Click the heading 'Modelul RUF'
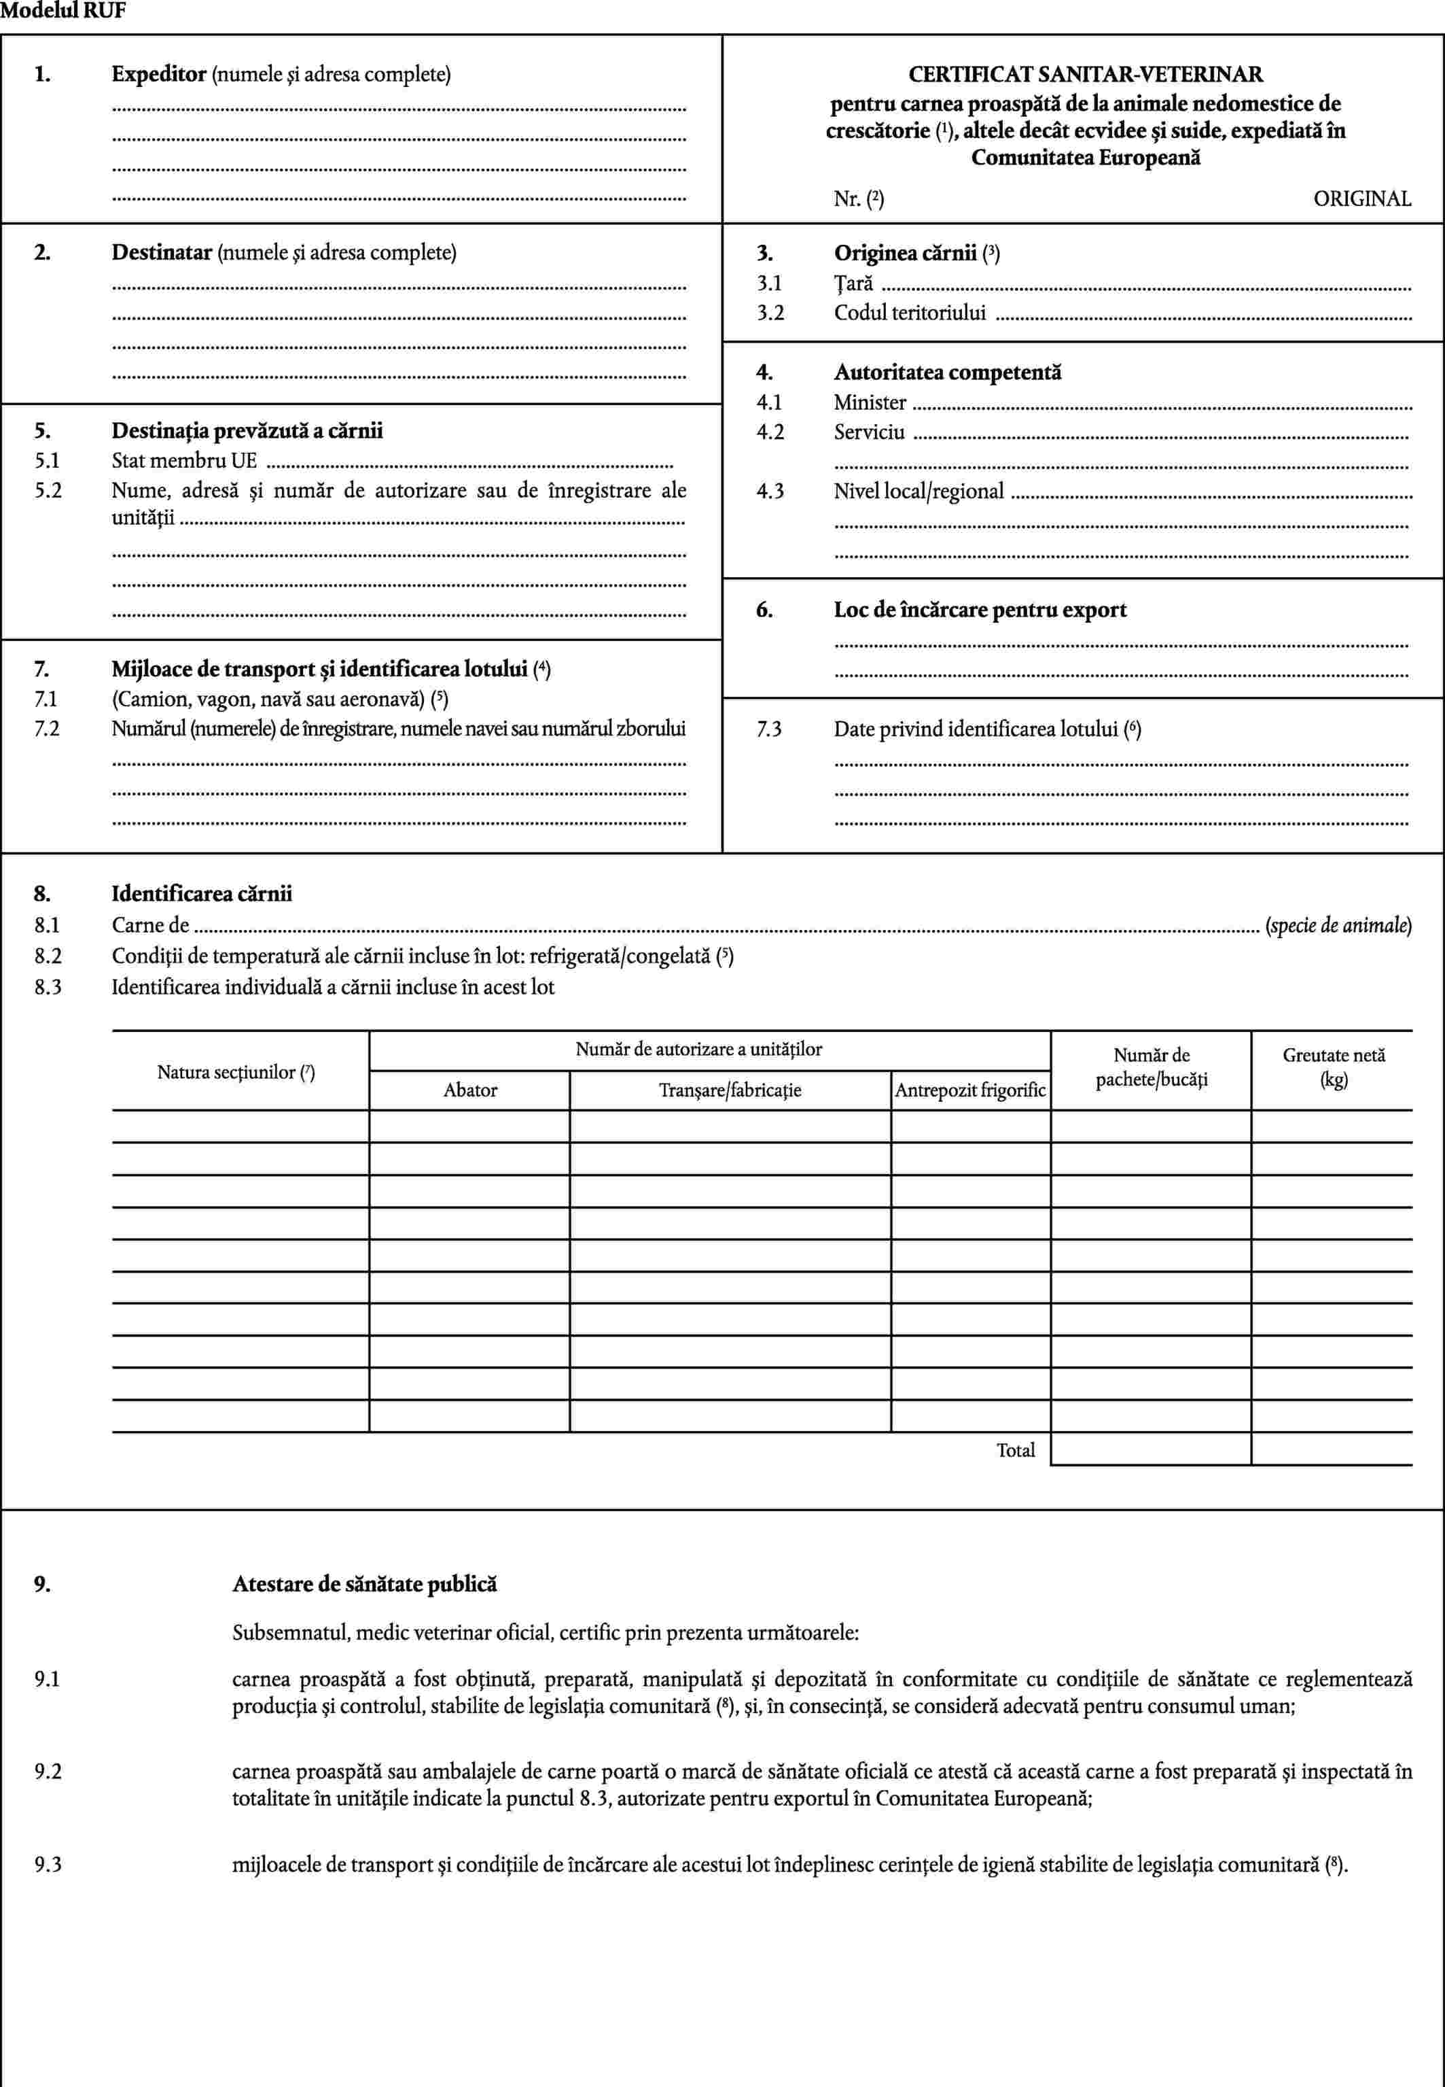(x=63, y=12)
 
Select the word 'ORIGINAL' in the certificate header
(x=1361, y=199)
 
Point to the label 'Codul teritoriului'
(x=909, y=313)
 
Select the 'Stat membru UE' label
(x=184, y=460)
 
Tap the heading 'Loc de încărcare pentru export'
(x=980, y=610)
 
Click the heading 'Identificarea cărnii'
(x=201, y=894)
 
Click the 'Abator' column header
(x=470, y=1090)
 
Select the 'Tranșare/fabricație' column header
(x=730, y=1090)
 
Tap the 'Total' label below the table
(x=1015, y=1450)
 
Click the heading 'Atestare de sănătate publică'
(x=364, y=1584)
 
